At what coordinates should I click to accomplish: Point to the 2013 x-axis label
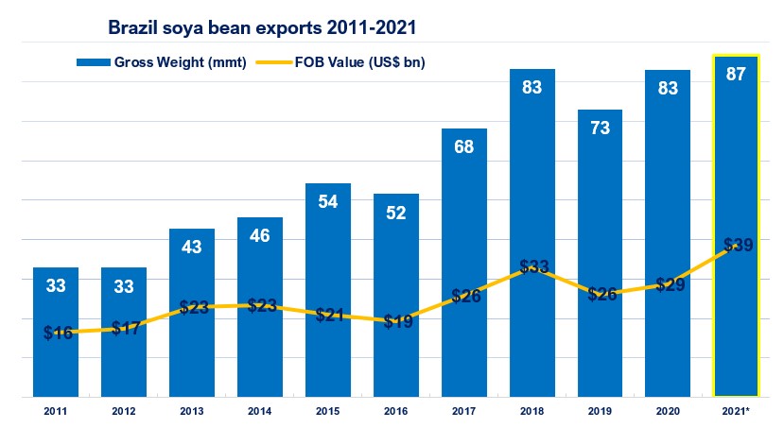coord(191,412)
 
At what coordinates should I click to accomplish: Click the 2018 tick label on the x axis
coord(532,412)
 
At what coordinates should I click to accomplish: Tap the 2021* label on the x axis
coord(737,412)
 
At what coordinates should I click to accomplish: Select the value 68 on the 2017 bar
coord(464,146)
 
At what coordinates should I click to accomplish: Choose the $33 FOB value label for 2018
coord(533,266)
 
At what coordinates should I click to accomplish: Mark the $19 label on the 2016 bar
coord(396,322)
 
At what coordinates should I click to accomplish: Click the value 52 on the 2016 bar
coord(396,213)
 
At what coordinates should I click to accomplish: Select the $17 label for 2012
coord(124,329)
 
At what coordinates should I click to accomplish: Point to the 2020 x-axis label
coord(669,412)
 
